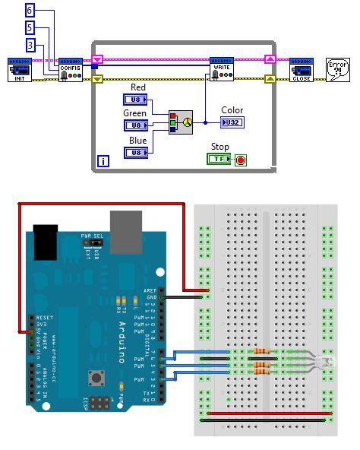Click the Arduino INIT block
click(19, 68)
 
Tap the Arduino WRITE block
click(222, 68)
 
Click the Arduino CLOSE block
click(302, 68)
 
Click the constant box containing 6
click(30, 11)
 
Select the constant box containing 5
click(30, 28)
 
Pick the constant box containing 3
click(30, 46)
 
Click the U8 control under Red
click(136, 100)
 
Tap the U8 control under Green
click(136, 125)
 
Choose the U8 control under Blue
click(136, 152)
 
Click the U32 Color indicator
click(232, 122)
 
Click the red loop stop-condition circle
click(241, 160)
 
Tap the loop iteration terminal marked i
click(103, 161)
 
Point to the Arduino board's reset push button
click(96, 377)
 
